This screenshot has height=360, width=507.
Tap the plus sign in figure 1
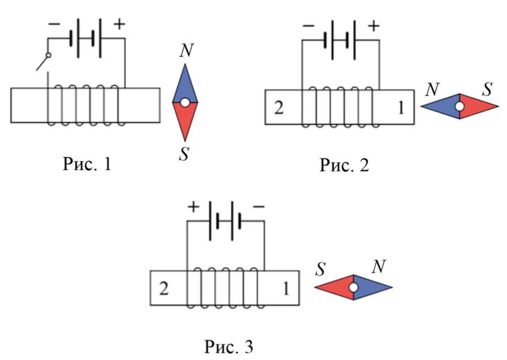click(119, 24)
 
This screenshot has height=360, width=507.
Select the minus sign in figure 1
click(54, 24)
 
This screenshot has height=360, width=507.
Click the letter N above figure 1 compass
click(187, 50)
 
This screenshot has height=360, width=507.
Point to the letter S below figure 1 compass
click(184, 154)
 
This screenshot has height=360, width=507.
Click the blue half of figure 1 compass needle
click(185, 86)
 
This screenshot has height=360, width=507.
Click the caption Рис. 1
click(87, 164)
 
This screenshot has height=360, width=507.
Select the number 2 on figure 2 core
click(279, 108)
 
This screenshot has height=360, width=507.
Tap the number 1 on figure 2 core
click(401, 108)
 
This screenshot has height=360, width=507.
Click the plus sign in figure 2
click(374, 26)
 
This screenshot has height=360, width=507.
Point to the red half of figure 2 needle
click(477, 106)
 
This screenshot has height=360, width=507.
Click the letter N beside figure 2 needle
click(432, 89)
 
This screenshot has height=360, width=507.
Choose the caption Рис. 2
click(344, 165)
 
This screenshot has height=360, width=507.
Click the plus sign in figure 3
click(193, 207)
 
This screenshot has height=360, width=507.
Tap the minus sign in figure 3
click(258, 206)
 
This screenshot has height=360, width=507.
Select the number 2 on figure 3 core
click(164, 288)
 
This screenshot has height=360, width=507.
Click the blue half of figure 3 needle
click(372, 287)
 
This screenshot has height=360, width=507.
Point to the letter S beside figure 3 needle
click(320, 269)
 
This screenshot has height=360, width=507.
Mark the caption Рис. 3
click(229, 347)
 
